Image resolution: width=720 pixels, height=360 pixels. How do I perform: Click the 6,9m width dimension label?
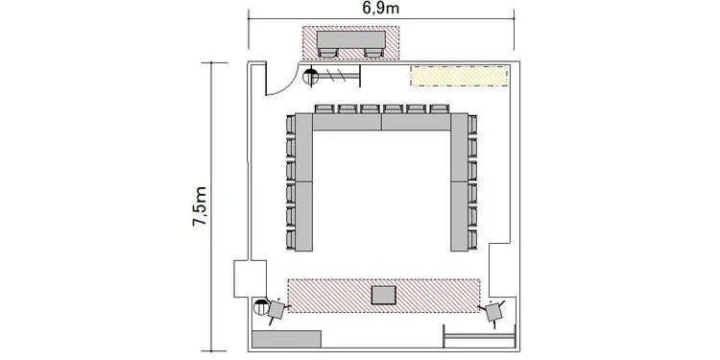381,8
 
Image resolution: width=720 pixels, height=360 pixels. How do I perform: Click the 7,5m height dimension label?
200,206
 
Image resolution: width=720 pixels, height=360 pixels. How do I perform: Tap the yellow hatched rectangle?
459,76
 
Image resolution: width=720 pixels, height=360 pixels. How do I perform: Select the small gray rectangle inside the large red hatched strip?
383,295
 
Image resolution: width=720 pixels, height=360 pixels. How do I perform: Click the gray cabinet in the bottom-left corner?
286,339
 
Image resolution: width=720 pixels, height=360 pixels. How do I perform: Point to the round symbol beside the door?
311,76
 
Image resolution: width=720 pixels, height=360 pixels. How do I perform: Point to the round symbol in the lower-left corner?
261,306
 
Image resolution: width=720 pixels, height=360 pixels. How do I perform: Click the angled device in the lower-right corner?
494,312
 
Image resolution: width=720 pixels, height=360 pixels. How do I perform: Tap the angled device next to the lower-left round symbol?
276,309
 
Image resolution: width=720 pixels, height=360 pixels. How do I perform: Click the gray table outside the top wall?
351,39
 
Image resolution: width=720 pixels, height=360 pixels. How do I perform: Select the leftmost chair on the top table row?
324,108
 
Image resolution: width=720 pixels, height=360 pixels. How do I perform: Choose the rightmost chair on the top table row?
439,108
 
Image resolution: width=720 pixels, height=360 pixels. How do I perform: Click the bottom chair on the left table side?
290,240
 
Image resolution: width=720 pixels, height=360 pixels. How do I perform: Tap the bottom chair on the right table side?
472,240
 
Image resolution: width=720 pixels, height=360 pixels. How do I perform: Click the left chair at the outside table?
327,53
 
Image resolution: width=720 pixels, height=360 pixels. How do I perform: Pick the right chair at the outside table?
373,53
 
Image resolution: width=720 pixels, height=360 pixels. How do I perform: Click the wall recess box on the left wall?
250,278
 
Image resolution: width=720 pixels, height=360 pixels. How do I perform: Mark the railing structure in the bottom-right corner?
479,337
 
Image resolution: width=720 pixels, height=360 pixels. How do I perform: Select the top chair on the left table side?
290,125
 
